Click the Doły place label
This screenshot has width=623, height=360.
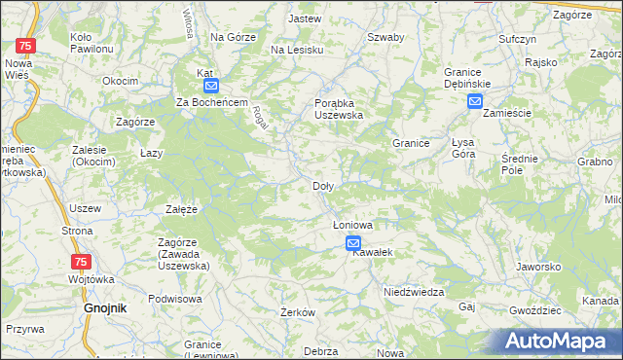(323, 186)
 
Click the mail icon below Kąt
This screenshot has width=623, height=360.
(212, 86)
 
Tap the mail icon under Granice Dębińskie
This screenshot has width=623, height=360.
(474, 101)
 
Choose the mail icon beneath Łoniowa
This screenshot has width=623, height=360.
(352, 243)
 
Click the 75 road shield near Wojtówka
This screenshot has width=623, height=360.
(83, 262)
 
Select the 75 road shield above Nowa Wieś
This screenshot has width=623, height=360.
(27, 46)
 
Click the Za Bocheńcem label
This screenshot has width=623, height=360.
(213, 103)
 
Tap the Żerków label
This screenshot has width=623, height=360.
(297, 312)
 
